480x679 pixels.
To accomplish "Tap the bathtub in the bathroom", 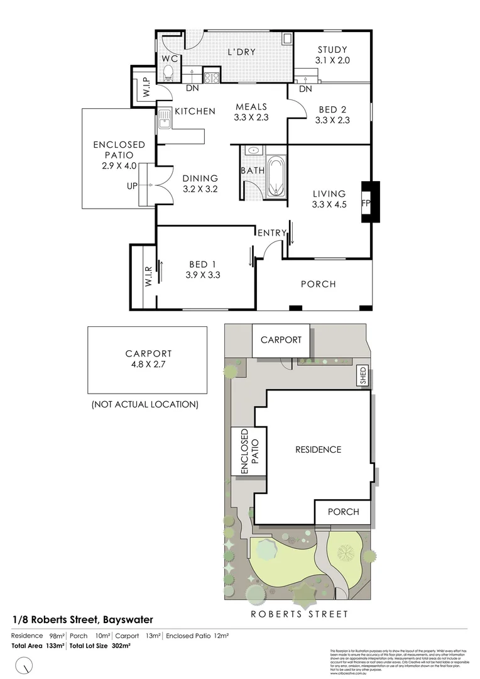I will pyautogui.click(x=276, y=177).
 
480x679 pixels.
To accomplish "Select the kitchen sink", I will pyautogui.click(x=164, y=118).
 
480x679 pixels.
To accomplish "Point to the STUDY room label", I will pyautogui.click(x=332, y=50).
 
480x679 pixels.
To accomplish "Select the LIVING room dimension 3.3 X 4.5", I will pyautogui.click(x=329, y=204).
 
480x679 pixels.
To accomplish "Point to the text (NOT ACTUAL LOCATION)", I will pyautogui.click(x=145, y=404).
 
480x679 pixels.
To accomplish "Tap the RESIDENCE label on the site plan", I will pyautogui.click(x=318, y=450).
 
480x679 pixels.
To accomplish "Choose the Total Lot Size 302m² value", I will pyautogui.click(x=101, y=646).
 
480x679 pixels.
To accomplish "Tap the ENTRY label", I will pyautogui.click(x=271, y=233).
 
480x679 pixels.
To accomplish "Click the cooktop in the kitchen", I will pyautogui.click(x=211, y=79).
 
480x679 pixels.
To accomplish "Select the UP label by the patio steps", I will pyautogui.click(x=132, y=185).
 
